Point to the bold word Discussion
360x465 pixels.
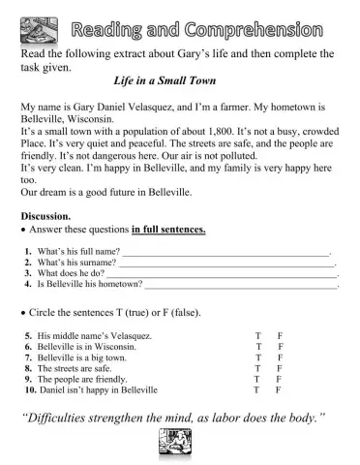click(45, 215)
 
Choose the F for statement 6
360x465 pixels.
click(280, 347)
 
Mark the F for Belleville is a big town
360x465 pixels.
click(279, 357)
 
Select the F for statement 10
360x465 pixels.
click(278, 390)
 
